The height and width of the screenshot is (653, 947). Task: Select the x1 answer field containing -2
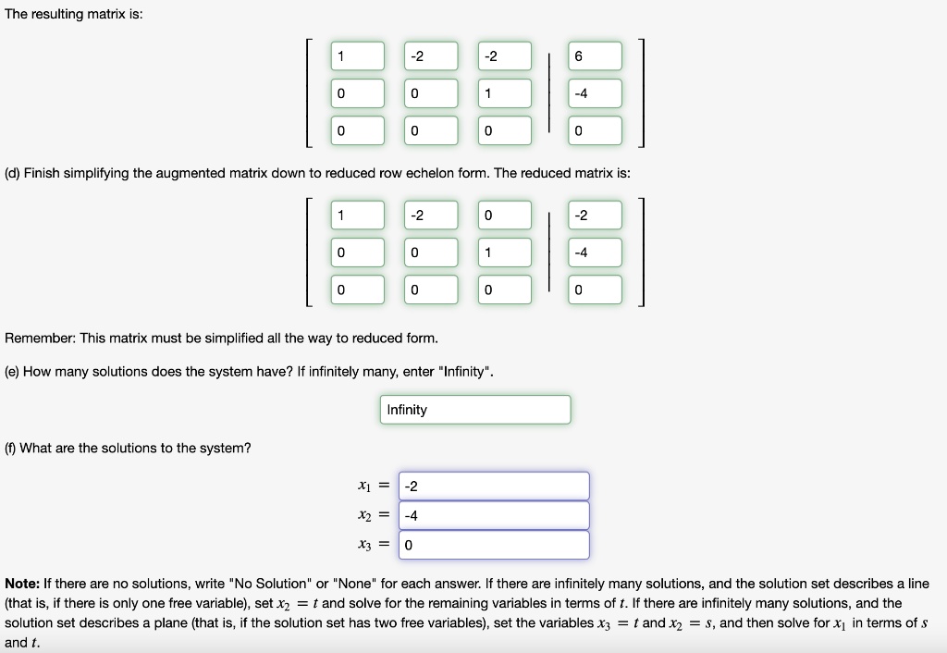[493, 487]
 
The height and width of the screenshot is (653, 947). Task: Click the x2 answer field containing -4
[493, 516]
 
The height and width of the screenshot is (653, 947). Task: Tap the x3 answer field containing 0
[493, 546]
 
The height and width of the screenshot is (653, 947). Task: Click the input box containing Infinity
[474, 410]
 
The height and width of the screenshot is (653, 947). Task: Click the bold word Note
[20, 584]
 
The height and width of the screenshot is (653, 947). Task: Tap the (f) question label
[11, 448]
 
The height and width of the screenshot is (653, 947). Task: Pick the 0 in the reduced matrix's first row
[506, 216]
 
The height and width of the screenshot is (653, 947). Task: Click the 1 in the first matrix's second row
[506, 93]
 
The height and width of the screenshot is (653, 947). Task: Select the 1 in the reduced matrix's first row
[358, 216]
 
